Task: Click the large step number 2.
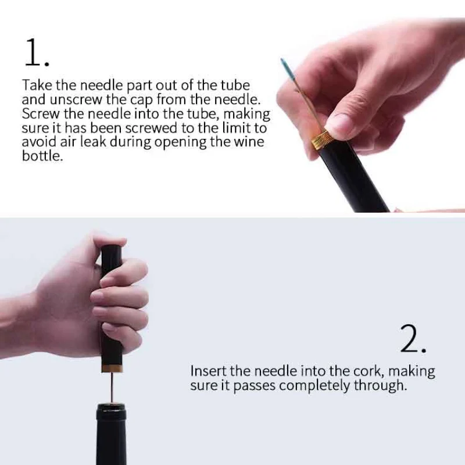pos(413,339)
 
